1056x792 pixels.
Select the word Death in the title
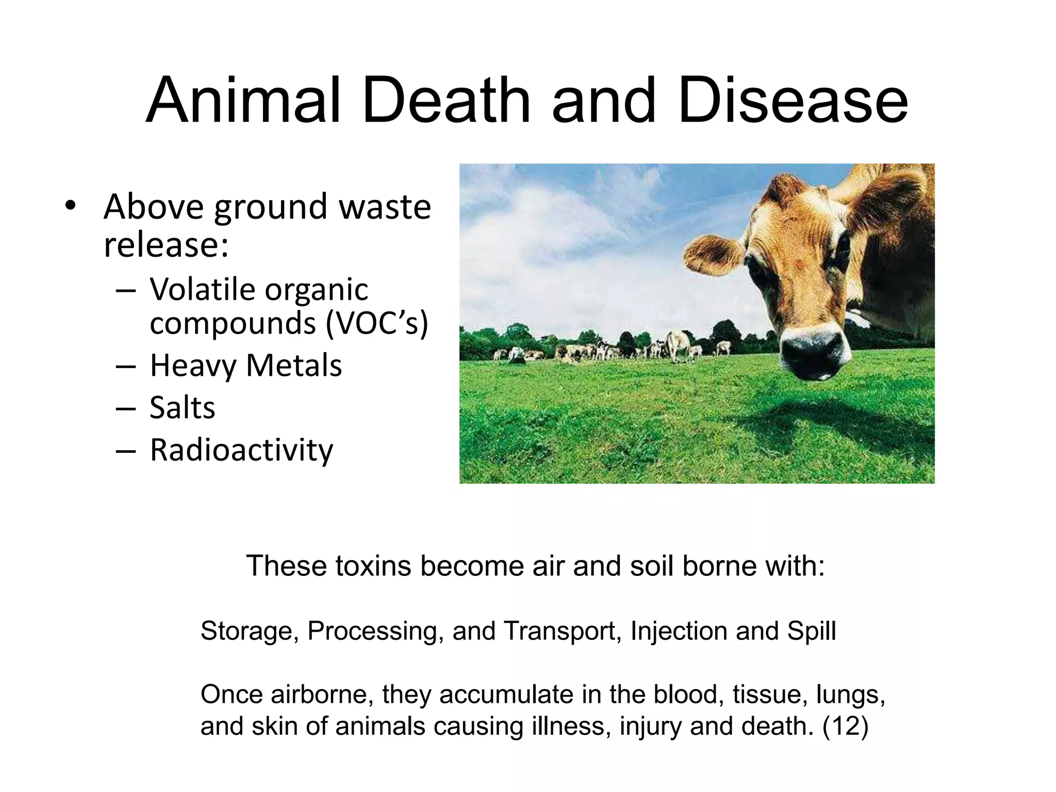pyautogui.click(x=446, y=101)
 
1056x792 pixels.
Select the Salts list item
pyautogui.click(x=182, y=408)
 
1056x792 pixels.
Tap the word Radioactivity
pyautogui.click(x=241, y=450)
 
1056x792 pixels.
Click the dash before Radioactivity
pyautogui.click(x=126, y=451)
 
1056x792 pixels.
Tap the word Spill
pyautogui.click(x=811, y=631)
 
